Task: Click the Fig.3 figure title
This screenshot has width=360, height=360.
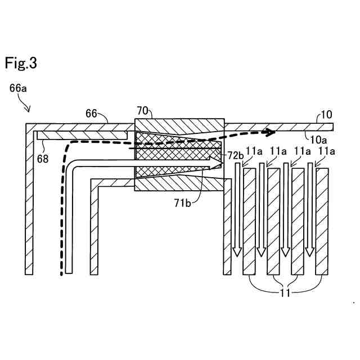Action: coord(21,64)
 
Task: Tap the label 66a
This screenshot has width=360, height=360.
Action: coord(19,88)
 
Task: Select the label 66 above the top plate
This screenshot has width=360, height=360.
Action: coord(92,113)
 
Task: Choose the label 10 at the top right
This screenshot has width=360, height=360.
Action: coord(326,116)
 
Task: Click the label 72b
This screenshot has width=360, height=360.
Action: coord(235,154)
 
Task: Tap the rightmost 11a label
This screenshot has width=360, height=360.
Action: coord(326,151)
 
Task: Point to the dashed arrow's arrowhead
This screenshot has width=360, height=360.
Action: coord(271,132)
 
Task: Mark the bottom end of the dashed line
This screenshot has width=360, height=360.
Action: coord(61,274)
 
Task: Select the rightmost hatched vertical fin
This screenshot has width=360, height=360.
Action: coord(322,221)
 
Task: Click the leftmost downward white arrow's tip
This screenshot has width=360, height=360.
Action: coord(237,253)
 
